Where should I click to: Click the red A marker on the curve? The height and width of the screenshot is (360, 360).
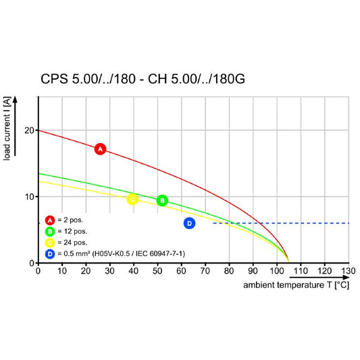[101, 149]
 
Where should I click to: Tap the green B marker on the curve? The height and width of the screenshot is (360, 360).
[162, 201]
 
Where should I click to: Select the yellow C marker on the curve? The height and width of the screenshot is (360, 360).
[132, 199]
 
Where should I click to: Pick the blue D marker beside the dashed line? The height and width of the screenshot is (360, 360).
[189, 223]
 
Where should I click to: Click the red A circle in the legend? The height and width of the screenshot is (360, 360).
[50, 220]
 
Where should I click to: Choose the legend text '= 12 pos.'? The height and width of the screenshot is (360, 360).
[72, 232]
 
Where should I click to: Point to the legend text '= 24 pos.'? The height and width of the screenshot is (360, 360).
[72, 242]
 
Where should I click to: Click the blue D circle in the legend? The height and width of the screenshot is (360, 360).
[50, 254]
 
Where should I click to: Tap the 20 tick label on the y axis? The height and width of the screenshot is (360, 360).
[30, 130]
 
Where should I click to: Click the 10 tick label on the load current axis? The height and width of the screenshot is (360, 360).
[30, 197]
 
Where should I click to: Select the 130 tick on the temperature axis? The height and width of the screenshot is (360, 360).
[349, 271]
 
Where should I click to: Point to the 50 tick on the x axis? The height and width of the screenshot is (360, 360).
[157, 271]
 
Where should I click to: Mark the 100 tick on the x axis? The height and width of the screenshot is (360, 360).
[277, 271]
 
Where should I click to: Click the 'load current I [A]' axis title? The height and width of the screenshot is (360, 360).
[7, 128]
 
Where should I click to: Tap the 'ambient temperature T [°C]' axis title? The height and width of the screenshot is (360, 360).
[297, 285]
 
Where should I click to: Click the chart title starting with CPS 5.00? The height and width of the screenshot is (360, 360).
[143, 79]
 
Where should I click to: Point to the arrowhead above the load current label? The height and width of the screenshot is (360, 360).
[15, 99]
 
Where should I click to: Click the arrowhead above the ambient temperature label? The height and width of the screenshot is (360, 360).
[346, 278]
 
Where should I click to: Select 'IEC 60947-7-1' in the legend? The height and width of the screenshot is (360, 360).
[160, 254]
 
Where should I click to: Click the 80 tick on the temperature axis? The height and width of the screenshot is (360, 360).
[229, 271]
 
